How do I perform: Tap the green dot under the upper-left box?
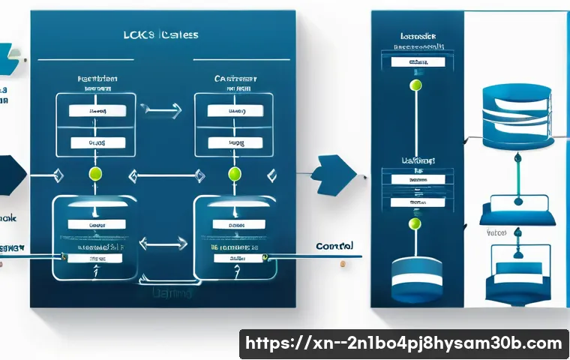tap(94, 174)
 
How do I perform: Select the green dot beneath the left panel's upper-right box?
tap(234, 174)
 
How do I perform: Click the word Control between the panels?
tap(335, 246)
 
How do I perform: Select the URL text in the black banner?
tap(404, 343)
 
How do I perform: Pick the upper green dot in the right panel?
tap(415, 85)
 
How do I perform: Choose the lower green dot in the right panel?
tap(415, 223)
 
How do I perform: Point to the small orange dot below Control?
tap(342, 263)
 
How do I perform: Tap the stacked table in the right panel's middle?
tap(415, 187)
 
